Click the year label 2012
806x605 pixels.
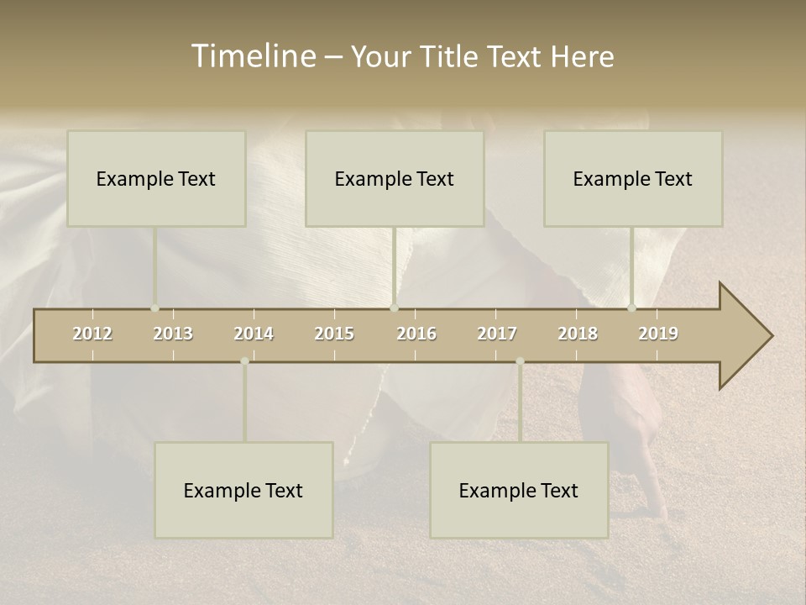pyautogui.click(x=92, y=334)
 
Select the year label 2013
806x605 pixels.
pyautogui.click(x=173, y=334)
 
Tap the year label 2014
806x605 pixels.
pyautogui.click(x=254, y=334)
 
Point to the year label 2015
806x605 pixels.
pyautogui.click(x=334, y=334)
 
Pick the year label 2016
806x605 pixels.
pyautogui.click(x=416, y=334)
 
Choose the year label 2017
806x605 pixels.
pyautogui.click(x=497, y=334)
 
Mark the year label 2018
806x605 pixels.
pyautogui.click(x=578, y=334)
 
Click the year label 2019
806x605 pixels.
pyautogui.click(x=658, y=334)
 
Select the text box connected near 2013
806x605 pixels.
pyautogui.click(x=156, y=178)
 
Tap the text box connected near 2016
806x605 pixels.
pyautogui.click(x=395, y=178)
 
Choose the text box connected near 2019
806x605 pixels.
pyautogui.click(x=633, y=178)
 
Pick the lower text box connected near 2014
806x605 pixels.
pyautogui.click(x=243, y=490)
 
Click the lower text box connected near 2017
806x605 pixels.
pyautogui.click(x=519, y=490)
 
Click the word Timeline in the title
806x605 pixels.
pyautogui.click(x=253, y=55)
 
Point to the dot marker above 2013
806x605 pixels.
pyautogui.click(x=154, y=308)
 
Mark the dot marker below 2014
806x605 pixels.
pyautogui.click(x=244, y=361)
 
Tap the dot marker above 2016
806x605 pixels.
pyautogui.click(x=394, y=308)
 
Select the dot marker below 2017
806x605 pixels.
pyautogui.click(x=520, y=361)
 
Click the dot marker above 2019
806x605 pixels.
pyautogui.click(x=631, y=308)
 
